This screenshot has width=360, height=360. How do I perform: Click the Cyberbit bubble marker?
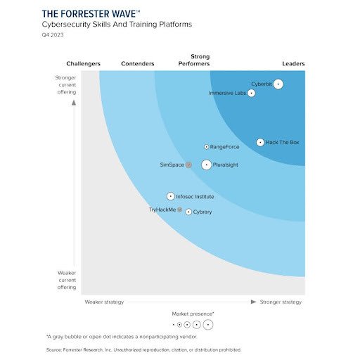(x=278, y=84)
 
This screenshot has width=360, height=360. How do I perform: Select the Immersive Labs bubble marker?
(x=252, y=94)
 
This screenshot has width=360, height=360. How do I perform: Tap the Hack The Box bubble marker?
(x=260, y=142)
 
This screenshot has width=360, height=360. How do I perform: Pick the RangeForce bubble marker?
(x=206, y=147)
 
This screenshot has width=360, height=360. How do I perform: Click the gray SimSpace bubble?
(x=188, y=165)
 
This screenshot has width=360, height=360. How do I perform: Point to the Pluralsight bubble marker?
(x=206, y=165)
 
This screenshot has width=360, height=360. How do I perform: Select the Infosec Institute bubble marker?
(x=170, y=197)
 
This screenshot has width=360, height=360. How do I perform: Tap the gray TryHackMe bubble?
(x=179, y=210)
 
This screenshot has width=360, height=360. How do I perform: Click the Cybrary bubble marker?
(x=188, y=212)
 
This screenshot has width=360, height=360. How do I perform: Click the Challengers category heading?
(x=83, y=64)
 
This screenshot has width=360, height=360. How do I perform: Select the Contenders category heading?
(x=138, y=64)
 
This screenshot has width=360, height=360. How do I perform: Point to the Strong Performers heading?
(x=200, y=60)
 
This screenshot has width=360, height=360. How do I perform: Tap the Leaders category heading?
(x=293, y=64)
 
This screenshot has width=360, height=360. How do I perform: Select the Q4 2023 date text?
(x=53, y=35)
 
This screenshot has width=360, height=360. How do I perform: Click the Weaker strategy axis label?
(x=104, y=302)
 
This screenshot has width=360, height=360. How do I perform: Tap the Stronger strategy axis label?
(x=281, y=302)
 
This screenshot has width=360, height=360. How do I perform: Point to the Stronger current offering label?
(x=66, y=84)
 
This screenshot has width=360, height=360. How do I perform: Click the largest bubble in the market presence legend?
(x=208, y=325)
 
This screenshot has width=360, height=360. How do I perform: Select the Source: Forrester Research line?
(x=143, y=349)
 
